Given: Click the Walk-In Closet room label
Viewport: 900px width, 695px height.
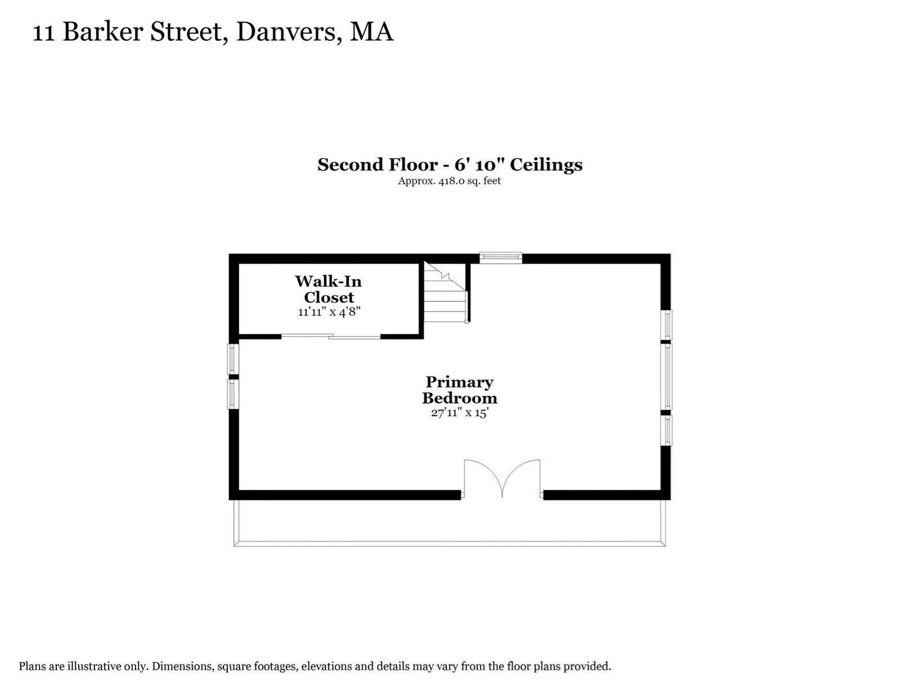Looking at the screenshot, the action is pyautogui.click(x=328, y=290).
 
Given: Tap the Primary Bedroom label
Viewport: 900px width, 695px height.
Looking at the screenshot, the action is pyautogui.click(x=460, y=390).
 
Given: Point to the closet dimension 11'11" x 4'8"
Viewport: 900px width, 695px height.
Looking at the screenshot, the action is pyautogui.click(x=329, y=312).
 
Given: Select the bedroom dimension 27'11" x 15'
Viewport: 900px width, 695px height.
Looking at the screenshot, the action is pyautogui.click(x=460, y=413).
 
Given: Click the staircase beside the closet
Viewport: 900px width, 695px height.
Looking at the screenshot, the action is pyautogui.click(x=445, y=292).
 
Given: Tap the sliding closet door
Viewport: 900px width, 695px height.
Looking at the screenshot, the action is pyautogui.click(x=331, y=336).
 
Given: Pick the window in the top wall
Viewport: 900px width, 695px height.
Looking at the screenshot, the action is pyautogui.click(x=501, y=258).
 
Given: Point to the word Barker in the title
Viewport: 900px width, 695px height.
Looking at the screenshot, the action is pyautogui.click(x=103, y=31).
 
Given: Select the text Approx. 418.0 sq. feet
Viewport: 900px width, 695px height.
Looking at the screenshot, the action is pyautogui.click(x=449, y=181).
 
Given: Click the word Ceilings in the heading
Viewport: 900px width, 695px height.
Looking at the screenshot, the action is pyautogui.click(x=546, y=165).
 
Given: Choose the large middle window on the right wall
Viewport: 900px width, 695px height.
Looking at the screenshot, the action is pyautogui.click(x=666, y=377).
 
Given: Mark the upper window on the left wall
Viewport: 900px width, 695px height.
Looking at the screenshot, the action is pyautogui.click(x=233, y=359).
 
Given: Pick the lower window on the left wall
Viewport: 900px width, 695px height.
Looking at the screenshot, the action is pyautogui.click(x=233, y=394).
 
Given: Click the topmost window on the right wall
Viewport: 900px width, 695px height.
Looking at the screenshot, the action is pyautogui.click(x=666, y=325).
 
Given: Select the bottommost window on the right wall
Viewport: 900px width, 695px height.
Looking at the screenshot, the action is pyautogui.click(x=666, y=430).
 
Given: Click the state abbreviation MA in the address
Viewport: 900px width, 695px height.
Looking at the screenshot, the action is pyautogui.click(x=371, y=32).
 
